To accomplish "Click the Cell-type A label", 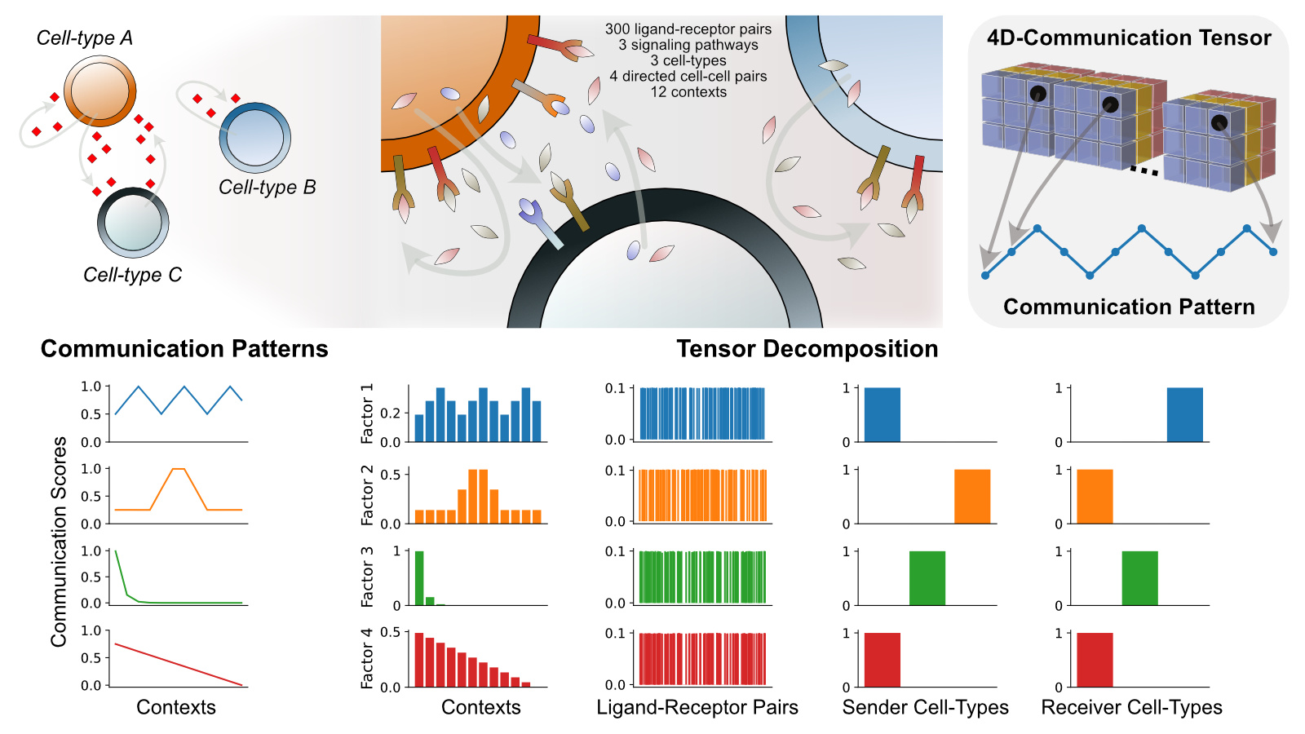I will click(x=84, y=38).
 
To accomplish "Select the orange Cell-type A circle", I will click(x=100, y=91).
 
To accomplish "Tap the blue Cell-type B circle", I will click(x=255, y=138).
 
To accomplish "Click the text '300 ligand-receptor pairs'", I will click(x=688, y=29).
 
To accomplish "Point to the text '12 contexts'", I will click(x=688, y=92).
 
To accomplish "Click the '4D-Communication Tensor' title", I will click(x=1128, y=38).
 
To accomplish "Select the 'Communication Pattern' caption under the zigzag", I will click(x=1128, y=307).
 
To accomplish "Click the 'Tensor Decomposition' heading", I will click(x=807, y=349).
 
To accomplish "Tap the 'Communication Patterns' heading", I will click(x=184, y=349).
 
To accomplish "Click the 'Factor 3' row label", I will click(x=367, y=577).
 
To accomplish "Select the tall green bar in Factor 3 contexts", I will click(x=419, y=578).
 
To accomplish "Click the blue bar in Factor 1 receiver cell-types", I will click(x=1184, y=414).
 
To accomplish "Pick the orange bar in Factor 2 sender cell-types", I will click(x=972, y=496).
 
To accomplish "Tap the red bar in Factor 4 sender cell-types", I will click(x=882, y=659).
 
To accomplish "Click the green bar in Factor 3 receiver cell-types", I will click(x=1139, y=577).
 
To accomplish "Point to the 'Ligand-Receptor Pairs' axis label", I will click(x=697, y=707).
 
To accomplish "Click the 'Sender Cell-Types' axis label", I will click(x=925, y=707).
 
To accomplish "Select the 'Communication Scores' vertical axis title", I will click(x=59, y=542).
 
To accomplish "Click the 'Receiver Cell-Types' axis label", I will click(x=1131, y=707).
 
